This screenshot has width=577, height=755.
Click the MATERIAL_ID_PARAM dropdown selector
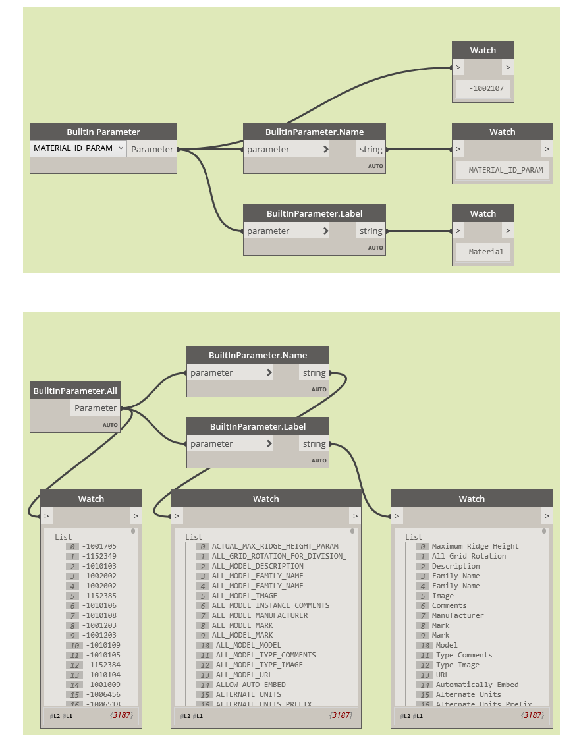point(78,148)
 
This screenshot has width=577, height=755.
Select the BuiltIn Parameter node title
point(103,132)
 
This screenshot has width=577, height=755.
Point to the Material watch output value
point(486,252)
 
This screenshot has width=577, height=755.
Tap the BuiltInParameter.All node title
point(75,391)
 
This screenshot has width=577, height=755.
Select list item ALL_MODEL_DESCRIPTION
point(258,566)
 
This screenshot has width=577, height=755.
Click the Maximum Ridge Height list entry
point(475,546)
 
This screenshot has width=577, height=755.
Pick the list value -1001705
point(99,546)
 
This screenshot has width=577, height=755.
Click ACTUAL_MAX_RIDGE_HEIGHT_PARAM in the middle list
point(275,546)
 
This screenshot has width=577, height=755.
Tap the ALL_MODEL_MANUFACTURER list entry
point(260,615)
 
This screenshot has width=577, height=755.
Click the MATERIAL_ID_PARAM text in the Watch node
point(506,170)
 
